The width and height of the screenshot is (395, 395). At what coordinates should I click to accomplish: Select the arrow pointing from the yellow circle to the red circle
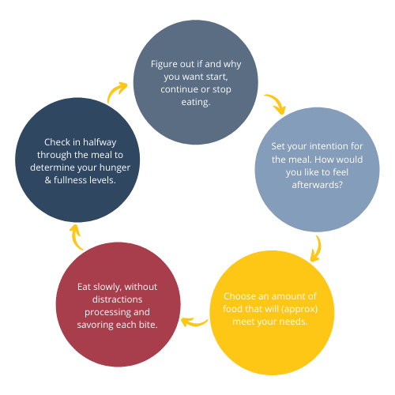coord(194,323)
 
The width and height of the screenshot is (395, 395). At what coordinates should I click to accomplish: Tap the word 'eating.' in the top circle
coord(196,102)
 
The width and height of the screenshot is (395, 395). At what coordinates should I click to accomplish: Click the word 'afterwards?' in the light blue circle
coord(318,185)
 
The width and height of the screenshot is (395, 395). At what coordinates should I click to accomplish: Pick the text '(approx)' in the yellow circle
coord(299,309)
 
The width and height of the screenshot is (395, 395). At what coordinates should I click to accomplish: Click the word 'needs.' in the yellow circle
coord(294,322)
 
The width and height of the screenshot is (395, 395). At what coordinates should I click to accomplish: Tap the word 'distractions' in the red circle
coord(117,299)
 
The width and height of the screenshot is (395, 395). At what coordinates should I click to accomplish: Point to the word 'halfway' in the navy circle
coord(100,142)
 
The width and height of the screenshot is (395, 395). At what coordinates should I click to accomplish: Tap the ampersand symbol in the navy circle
coord(47,180)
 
